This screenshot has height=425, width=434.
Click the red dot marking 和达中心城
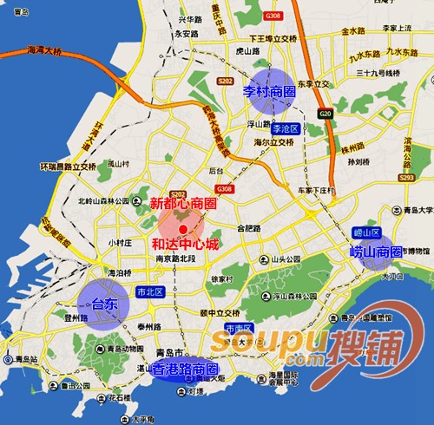(x=182, y=228)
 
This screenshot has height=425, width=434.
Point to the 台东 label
(x=104, y=304)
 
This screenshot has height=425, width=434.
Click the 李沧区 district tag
(x=285, y=128)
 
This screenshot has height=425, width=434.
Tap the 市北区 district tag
(x=149, y=291)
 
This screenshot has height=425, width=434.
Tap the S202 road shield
(x=178, y=194)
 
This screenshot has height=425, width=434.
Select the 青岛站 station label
(x=19, y=358)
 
